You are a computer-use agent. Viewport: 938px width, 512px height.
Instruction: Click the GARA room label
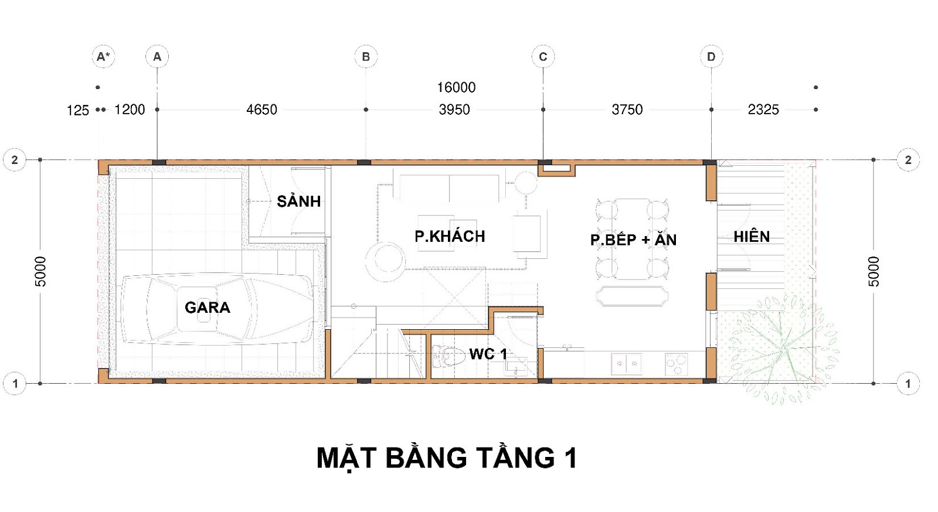[208, 308]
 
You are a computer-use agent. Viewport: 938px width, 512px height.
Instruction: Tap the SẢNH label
[298, 201]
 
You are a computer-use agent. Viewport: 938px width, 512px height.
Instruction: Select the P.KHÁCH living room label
[450, 236]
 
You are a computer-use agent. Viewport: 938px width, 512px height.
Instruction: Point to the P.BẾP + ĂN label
[633, 239]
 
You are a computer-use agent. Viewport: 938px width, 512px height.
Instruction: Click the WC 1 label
[488, 354]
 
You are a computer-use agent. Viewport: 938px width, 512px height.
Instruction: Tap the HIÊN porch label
[752, 237]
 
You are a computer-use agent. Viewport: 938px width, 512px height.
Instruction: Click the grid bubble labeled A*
[103, 56]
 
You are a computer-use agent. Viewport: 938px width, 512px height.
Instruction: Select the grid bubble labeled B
[366, 56]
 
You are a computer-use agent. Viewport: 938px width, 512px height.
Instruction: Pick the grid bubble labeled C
[543, 56]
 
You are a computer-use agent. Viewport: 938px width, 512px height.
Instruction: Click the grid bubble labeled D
[711, 56]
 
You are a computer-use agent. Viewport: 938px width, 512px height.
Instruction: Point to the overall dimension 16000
[456, 87]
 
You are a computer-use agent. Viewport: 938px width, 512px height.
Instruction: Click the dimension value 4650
[261, 110]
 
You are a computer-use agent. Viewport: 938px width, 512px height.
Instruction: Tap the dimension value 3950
[454, 110]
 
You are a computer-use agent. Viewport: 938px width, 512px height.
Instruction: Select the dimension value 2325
[763, 110]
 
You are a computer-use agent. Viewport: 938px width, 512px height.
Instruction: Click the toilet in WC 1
[448, 356]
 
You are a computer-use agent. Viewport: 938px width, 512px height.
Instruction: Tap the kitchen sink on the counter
[627, 364]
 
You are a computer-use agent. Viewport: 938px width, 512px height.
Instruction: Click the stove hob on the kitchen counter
[676, 364]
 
